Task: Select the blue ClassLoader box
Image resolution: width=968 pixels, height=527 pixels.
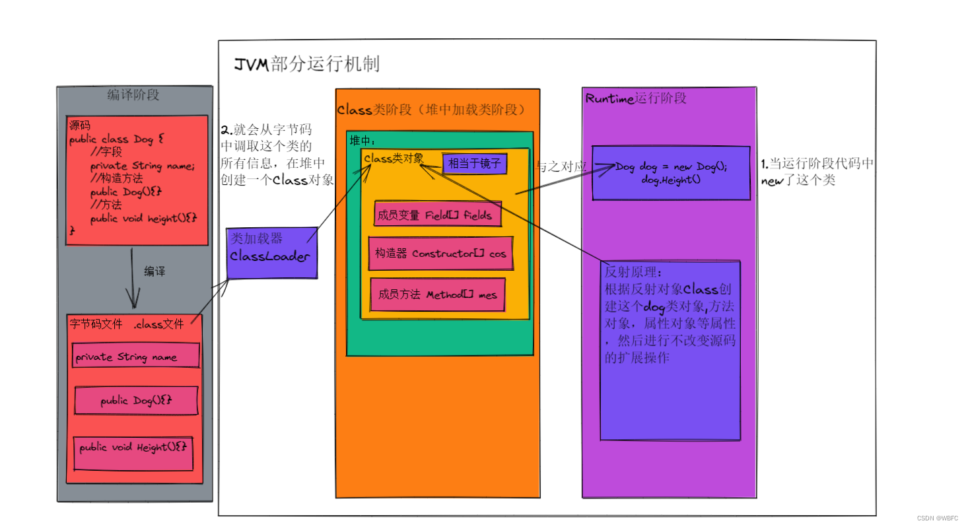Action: coord(271,253)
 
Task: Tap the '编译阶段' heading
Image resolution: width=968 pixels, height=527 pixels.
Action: coord(133,95)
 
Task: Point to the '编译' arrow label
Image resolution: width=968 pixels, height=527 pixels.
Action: coord(155,271)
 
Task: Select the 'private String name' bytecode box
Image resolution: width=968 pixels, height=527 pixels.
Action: coord(135,357)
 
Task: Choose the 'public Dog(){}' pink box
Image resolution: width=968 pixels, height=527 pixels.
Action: coord(136,401)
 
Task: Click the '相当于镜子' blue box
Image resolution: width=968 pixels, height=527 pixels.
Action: coord(475,163)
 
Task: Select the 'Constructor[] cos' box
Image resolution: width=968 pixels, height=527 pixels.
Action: coord(441,254)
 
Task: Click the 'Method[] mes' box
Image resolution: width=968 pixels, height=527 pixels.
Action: coord(438,295)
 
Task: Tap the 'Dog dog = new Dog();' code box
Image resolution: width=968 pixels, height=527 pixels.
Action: coord(671,173)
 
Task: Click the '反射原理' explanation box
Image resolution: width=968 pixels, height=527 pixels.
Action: coord(670,350)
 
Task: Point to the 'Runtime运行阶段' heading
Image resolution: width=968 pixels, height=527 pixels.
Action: coord(636,98)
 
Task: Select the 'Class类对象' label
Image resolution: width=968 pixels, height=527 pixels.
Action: coord(394,158)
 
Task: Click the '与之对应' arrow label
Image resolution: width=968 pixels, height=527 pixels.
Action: coord(561,168)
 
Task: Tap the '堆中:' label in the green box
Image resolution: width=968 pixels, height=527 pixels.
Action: coord(363,141)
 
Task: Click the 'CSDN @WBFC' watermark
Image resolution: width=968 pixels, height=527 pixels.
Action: coord(938,518)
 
